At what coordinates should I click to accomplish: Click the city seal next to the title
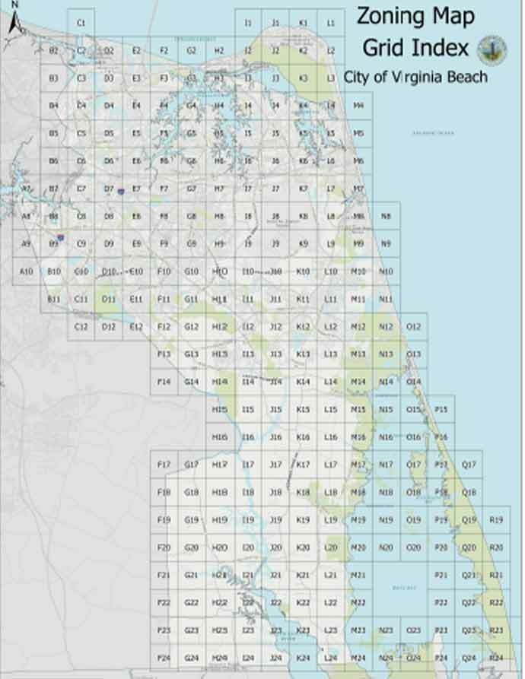[x=492, y=50]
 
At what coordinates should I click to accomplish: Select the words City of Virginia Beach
[x=415, y=77]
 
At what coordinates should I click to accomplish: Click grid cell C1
[x=81, y=23]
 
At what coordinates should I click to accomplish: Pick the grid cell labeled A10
[x=26, y=271]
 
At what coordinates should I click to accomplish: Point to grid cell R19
[x=496, y=520]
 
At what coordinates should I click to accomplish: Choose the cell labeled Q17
[x=469, y=465]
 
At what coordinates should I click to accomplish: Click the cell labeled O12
[x=413, y=327]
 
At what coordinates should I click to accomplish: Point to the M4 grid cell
[x=358, y=106]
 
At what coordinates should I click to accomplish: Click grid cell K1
[x=303, y=23]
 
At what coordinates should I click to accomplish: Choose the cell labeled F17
[x=164, y=465]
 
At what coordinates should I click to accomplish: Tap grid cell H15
[x=219, y=410]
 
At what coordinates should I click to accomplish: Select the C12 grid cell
[x=81, y=327]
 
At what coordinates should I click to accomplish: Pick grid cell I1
[x=247, y=23]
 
